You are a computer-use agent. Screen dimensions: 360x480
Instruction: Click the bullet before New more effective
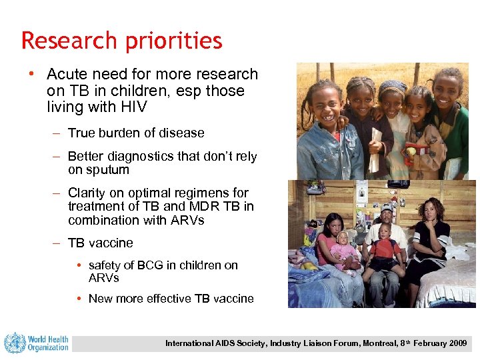coord(81,298)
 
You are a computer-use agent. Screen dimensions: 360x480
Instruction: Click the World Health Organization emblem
coord(15,343)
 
